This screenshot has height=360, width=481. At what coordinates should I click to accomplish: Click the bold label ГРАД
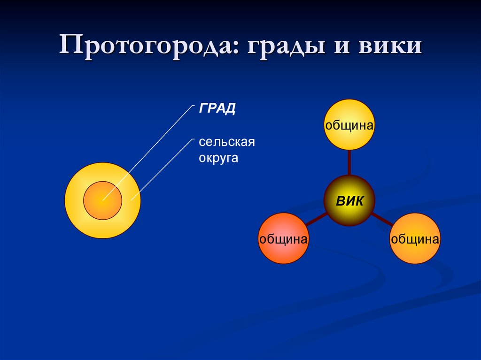(x=217, y=109)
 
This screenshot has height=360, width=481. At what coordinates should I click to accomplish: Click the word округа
(x=218, y=158)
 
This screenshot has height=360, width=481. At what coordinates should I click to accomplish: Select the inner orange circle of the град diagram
(x=102, y=200)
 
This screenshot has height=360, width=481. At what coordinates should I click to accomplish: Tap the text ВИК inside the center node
(x=349, y=201)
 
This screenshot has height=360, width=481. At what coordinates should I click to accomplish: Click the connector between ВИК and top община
(x=349, y=162)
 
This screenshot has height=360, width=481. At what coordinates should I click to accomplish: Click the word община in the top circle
(x=349, y=126)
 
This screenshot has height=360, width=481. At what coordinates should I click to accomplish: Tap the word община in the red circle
(x=283, y=239)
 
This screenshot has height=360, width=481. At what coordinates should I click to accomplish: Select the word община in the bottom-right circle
(x=415, y=239)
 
